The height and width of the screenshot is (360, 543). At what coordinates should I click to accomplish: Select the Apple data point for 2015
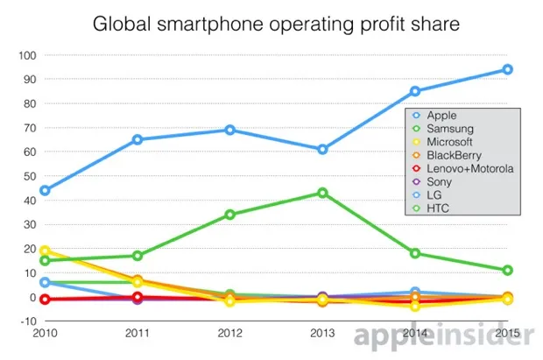[x=507, y=70]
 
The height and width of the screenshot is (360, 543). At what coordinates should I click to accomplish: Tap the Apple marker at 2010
[x=45, y=190]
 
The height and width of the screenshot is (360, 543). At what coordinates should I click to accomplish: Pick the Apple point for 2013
[x=322, y=150]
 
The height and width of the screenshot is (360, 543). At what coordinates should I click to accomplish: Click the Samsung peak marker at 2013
[x=322, y=193]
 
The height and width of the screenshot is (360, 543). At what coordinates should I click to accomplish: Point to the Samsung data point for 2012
[x=229, y=215]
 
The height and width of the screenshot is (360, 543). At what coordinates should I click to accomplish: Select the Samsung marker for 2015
[x=507, y=271]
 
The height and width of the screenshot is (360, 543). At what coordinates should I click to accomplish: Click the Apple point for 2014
[x=415, y=91]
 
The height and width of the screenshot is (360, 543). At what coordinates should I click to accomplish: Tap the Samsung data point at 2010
[x=45, y=260]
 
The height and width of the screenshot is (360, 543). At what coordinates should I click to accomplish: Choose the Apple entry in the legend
[x=442, y=116]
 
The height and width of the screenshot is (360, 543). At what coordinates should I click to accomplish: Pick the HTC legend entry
[x=439, y=208]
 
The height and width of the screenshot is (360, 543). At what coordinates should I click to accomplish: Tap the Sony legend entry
[x=440, y=181]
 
